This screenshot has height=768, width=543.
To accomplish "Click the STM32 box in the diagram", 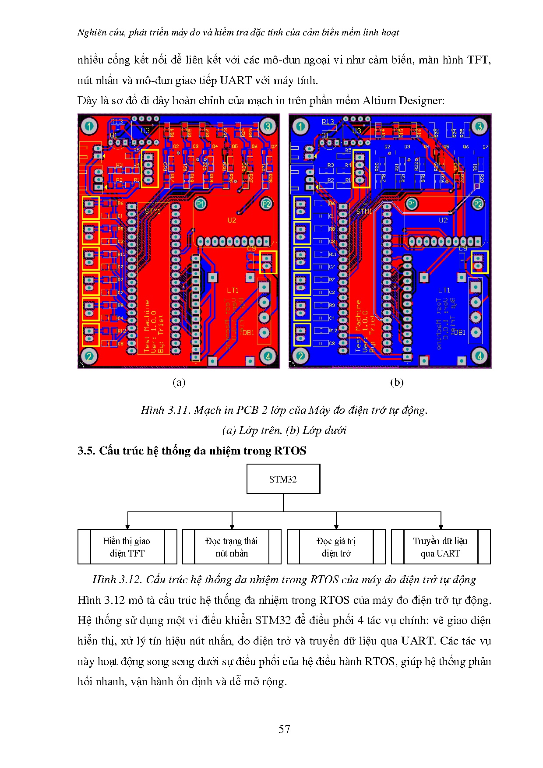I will (283, 479).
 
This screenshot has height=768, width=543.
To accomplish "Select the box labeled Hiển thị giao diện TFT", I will (127, 547).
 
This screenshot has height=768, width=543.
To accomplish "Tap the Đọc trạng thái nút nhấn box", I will (231, 547).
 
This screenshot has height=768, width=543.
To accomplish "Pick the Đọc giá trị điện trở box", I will (336, 547).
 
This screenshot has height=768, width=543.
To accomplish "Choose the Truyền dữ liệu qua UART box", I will (440, 547).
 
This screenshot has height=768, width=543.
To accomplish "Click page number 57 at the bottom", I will (284, 729).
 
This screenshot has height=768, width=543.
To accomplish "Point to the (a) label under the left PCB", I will (179, 382).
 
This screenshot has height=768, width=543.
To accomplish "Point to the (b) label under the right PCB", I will (396, 382).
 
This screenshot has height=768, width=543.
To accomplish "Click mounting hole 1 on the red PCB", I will (89, 127).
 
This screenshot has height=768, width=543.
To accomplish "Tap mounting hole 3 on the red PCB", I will (268, 126).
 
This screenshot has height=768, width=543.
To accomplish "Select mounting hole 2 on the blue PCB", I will (300, 356).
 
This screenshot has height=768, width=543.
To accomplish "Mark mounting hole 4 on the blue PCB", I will (480, 356).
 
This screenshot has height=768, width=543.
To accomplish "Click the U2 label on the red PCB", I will (232, 220).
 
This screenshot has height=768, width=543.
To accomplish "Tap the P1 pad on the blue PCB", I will (412, 204).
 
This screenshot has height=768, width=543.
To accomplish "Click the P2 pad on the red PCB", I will (266, 204).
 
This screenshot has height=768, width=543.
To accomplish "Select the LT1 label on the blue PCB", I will (444, 290).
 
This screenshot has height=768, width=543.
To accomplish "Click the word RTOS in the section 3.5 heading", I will (290, 451).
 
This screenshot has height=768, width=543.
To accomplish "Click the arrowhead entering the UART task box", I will (441, 526).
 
